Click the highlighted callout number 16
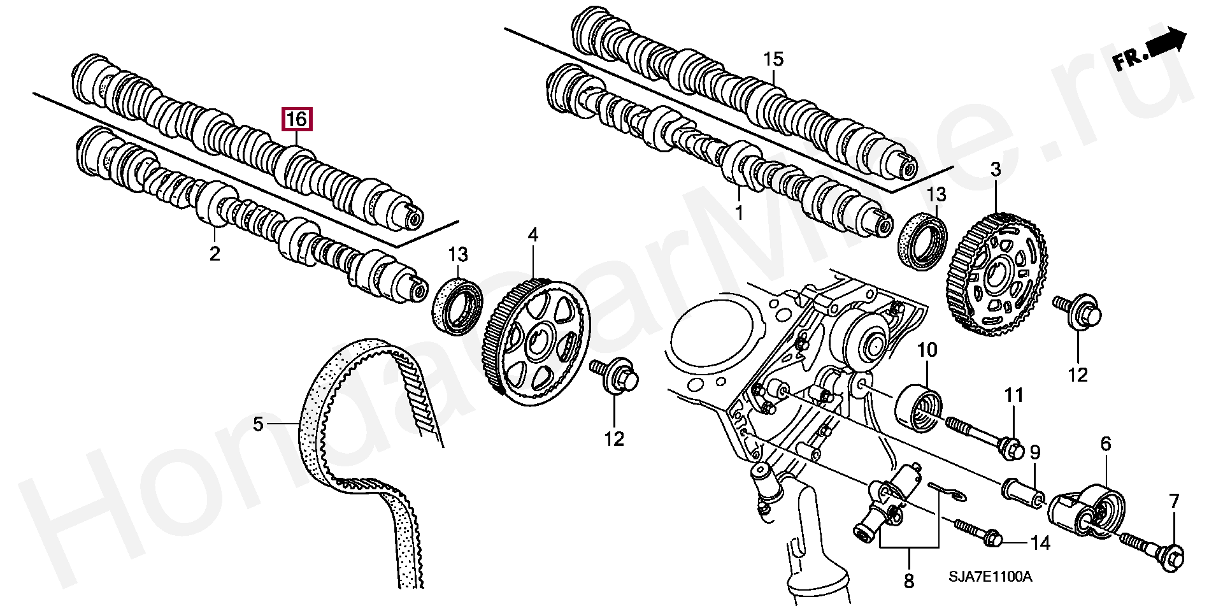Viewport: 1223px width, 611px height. tap(297, 119)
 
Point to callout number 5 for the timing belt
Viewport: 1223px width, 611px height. tap(258, 424)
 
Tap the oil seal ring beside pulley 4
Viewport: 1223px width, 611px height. tap(457, 305)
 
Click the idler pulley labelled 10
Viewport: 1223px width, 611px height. tap(919, 408)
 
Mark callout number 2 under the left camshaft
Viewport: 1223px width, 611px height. tap(215, 253)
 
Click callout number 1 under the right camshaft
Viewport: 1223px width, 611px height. tap(739, 212)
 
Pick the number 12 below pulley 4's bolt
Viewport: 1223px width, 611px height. tap(615, 439)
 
